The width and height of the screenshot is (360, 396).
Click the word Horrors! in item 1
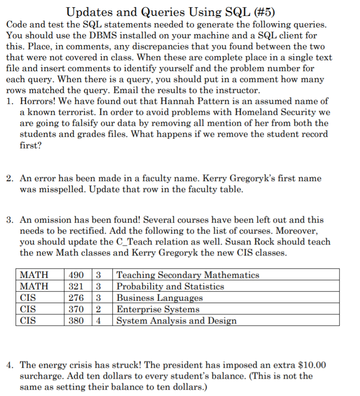pos(37,101)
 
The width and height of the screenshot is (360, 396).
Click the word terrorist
pos(67,112)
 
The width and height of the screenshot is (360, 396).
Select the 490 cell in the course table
pos(75,275)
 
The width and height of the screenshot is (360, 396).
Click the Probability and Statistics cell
pos(170,287)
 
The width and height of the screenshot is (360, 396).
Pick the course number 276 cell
pos(75,298)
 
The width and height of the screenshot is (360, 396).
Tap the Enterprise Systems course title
pos(158,309)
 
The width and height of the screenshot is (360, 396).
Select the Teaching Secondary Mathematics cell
pos(188,275)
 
